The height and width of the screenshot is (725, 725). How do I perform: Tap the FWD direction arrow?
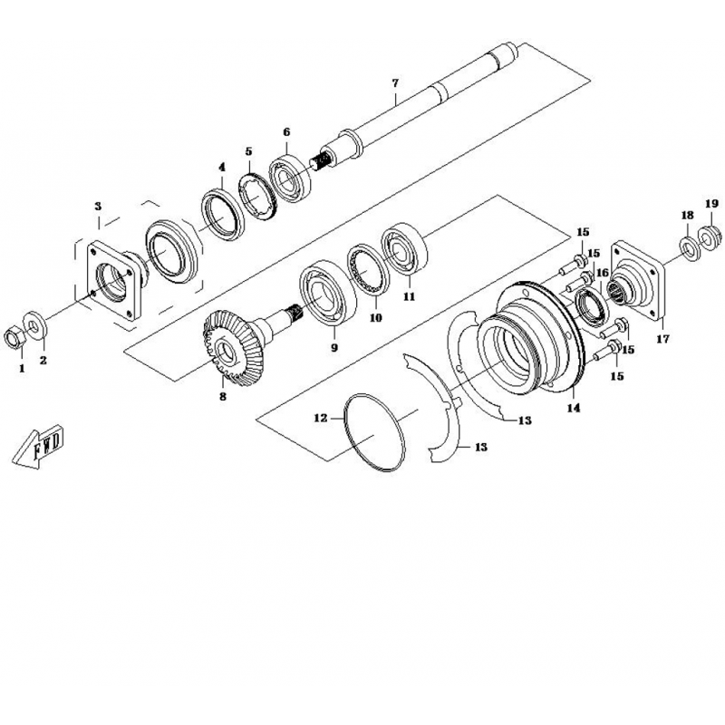[37, 446]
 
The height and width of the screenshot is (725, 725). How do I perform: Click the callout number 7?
[395, 83]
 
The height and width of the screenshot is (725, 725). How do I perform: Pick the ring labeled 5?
[257, 197]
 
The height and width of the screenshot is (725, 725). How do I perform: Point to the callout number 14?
[574, 408]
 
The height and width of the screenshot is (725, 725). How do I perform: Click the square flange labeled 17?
[638, 281]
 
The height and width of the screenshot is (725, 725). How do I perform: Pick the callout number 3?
[98, 207]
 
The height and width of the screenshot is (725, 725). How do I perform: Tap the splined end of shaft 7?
[320, 161]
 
